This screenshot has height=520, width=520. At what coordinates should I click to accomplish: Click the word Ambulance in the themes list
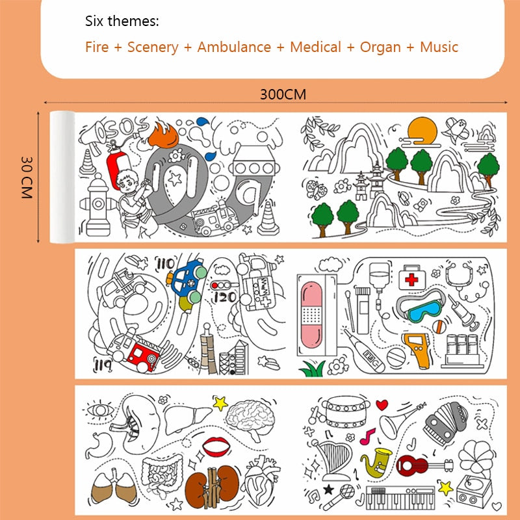234,47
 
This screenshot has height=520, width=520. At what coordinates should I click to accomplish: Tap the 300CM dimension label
283,94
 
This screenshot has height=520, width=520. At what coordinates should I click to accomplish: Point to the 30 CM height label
27,177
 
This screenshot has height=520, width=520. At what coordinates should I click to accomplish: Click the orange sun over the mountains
422,131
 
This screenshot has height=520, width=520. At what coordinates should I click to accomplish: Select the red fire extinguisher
118,166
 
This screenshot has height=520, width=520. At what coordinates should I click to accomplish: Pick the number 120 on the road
225,297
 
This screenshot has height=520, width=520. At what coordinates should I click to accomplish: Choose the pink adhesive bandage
311,315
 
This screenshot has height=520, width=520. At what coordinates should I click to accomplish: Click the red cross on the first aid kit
411,280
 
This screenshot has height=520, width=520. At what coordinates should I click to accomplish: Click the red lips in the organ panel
216,446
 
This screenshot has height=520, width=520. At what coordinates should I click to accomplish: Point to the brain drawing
251,419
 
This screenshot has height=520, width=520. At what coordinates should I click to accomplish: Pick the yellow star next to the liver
220,403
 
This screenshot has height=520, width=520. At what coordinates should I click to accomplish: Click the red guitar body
410,465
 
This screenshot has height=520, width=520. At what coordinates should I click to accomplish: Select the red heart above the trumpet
382,404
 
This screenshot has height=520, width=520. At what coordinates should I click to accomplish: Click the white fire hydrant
97,205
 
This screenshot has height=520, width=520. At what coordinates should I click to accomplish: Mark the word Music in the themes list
439,47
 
